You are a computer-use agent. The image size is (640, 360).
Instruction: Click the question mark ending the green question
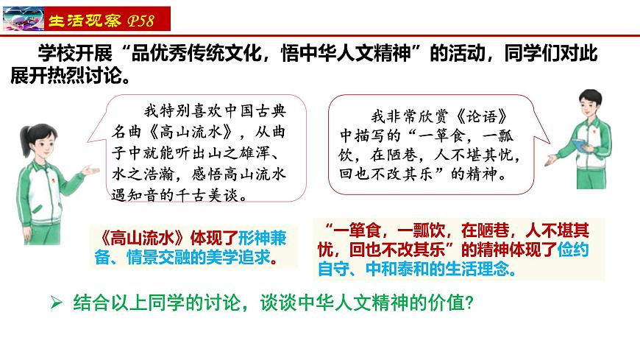click(467, 303)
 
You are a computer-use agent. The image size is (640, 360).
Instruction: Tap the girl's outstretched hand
click(92, 171)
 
